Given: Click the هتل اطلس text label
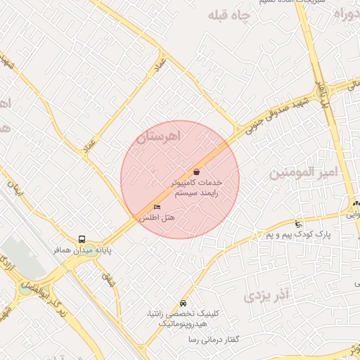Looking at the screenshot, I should (x=157, y=219).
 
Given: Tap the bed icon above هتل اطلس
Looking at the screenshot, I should (x=157, y=207).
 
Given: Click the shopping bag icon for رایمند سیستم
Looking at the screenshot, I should (x=196, y=172).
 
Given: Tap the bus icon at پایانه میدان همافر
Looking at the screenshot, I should (x=82, y=239).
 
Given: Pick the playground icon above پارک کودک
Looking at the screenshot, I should (x=299, y=223).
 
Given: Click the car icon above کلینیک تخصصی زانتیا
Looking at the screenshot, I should (x=184, y=303).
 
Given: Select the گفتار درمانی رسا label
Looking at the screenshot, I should (x=214, y=340).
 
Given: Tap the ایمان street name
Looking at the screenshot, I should (x=15, y=186).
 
